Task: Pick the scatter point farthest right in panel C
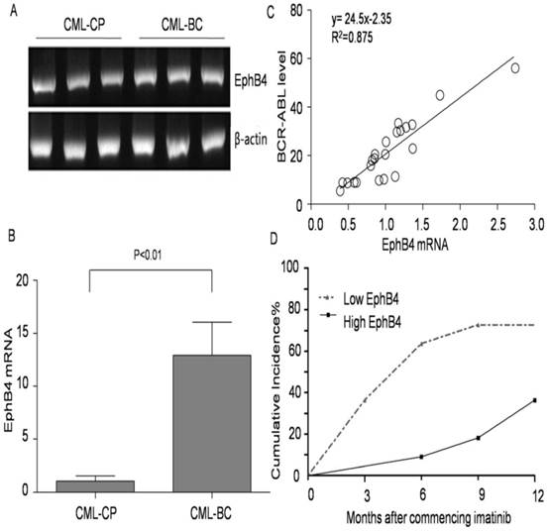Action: (x=515, y=67)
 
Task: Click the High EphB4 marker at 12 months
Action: (x=535, y=400)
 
